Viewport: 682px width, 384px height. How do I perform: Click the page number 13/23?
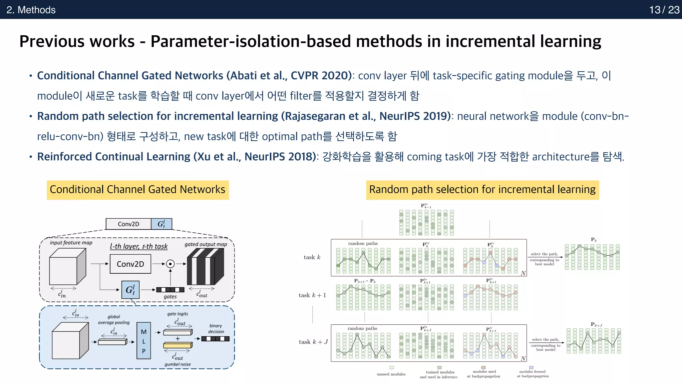coord(664,10)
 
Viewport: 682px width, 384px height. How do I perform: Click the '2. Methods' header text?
coord(31,10)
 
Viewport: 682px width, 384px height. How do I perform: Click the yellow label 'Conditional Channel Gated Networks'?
coord(138,190)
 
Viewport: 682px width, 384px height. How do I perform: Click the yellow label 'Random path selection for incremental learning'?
coord(482,190)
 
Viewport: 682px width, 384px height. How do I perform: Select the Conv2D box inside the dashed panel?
coord(130,264)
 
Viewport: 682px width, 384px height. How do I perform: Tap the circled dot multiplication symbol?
coord(170,264)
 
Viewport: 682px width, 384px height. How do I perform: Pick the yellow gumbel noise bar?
coord(177,346)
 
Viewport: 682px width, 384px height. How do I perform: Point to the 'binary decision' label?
coord(216,329)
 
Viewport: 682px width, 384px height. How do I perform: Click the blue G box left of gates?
coord(130,290)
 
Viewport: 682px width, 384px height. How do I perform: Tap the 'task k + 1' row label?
coord(312,295)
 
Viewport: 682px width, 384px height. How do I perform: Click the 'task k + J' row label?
coord(313,342)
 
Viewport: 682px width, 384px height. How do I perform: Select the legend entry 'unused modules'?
coord(391,374)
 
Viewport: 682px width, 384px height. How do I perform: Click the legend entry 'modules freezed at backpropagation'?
coord(532,374)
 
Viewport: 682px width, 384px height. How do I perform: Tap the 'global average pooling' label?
coord(114,320)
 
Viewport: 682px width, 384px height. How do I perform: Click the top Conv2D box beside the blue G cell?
coord(129,224)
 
